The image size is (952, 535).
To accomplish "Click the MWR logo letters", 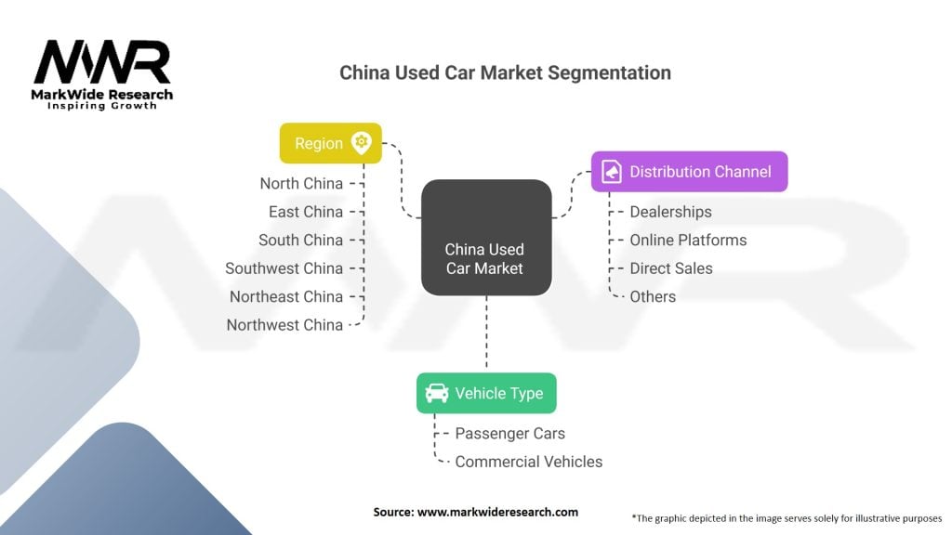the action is (102, 62).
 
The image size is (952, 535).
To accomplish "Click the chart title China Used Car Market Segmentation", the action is (505, 72).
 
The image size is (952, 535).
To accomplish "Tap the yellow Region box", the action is (331, 143).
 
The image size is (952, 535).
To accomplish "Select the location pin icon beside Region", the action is (362, 143).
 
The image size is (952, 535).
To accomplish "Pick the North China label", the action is (301, 183).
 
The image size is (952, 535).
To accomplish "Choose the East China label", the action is (306, 212).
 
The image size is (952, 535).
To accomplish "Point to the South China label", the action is (300, 241).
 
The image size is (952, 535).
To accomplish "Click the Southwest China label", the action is (284, 268).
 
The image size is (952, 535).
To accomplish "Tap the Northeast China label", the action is (286, 296).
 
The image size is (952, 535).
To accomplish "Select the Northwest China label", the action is (284, 325).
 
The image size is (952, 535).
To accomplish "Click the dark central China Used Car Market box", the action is (486, 237).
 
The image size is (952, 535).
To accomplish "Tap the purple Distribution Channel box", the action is (690, 172).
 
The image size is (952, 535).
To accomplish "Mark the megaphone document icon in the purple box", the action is (612, 172).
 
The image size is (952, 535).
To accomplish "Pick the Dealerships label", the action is (671, 212).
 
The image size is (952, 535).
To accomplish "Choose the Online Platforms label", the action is (689, 241).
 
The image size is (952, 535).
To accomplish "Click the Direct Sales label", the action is (671, 268).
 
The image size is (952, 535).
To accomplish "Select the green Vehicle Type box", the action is (486, 393).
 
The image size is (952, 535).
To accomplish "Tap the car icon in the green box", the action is (437, 393).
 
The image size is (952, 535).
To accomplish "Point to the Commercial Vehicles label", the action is (529, 462).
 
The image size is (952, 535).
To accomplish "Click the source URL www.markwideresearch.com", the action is (498, 512).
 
